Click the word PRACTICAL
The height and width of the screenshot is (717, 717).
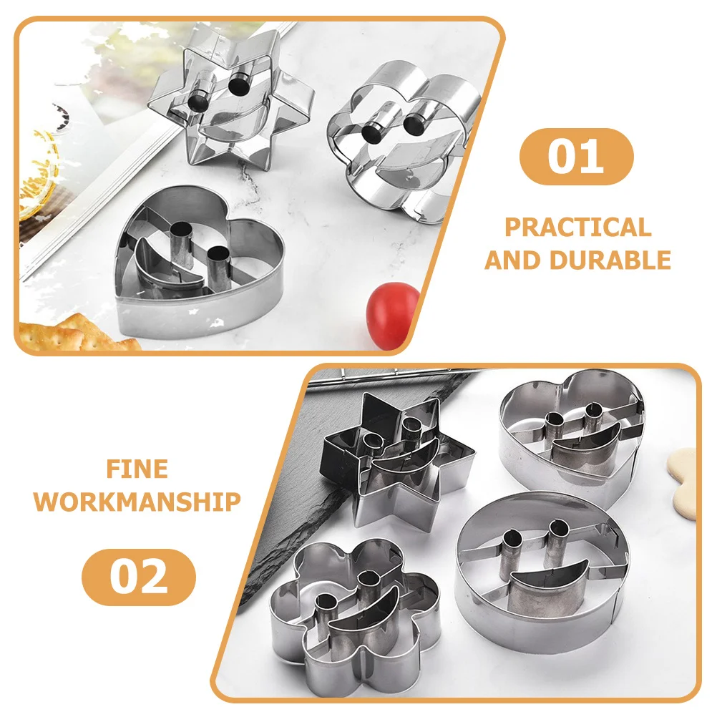578,228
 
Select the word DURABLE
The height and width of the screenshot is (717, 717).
612,259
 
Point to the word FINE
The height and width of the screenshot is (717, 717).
137,469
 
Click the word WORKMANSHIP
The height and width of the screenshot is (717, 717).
137,502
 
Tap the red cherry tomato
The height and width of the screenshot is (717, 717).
393,316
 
